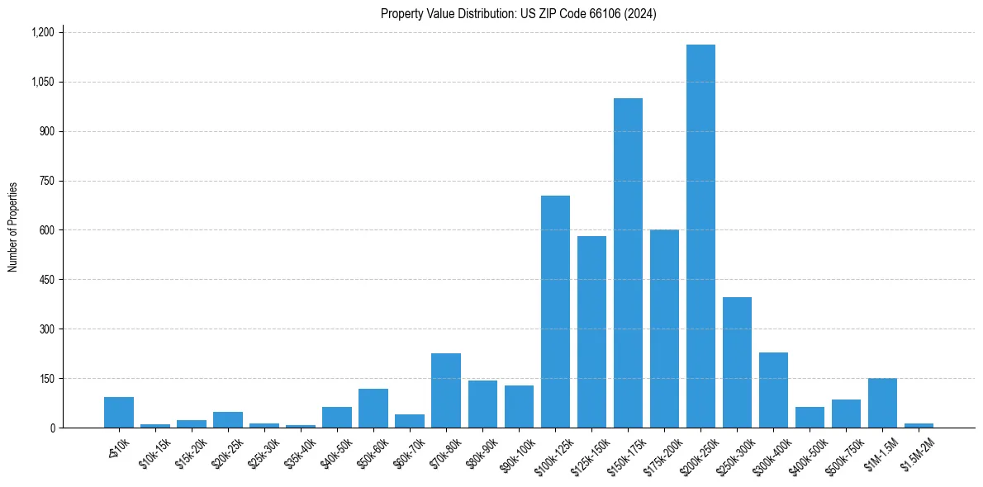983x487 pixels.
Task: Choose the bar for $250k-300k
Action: pos(737,362)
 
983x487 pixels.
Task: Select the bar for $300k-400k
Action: pos(773,390)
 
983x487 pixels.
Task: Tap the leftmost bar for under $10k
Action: pos(119,412)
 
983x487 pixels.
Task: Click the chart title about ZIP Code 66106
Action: pos(518,14)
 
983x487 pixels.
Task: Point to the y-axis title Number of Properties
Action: pos(13,227)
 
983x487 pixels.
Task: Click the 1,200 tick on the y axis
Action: pos(42,32)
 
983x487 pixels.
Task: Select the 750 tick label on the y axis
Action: pos(45,181)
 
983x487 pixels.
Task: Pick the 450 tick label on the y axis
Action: pos(45,280)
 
